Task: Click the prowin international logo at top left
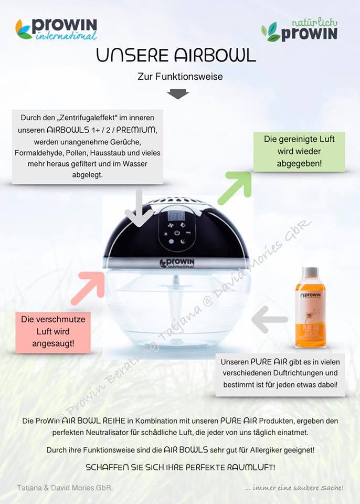click(56, 29)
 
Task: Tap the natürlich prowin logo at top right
click(300, 30)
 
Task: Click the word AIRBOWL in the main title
click(215, 55)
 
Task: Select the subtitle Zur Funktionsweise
click(180, 77)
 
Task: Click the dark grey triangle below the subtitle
click(178, 94)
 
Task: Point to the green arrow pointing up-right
click(235, 188)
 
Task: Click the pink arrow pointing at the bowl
click(88, 288)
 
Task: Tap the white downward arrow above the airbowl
click(139, 208)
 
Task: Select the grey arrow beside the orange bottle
click(269, 320)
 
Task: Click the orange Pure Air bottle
click(311, 307)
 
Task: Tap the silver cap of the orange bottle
click(311, 273)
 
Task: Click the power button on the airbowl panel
click(177, 233)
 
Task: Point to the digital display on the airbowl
click(176, 216)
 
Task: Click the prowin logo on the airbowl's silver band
click(177, 263)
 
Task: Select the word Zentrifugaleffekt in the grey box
click(88, 118)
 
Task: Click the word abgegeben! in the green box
click(299, 163)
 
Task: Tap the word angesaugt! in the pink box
click(53, 343)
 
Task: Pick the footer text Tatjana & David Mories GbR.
click(65, 488)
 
